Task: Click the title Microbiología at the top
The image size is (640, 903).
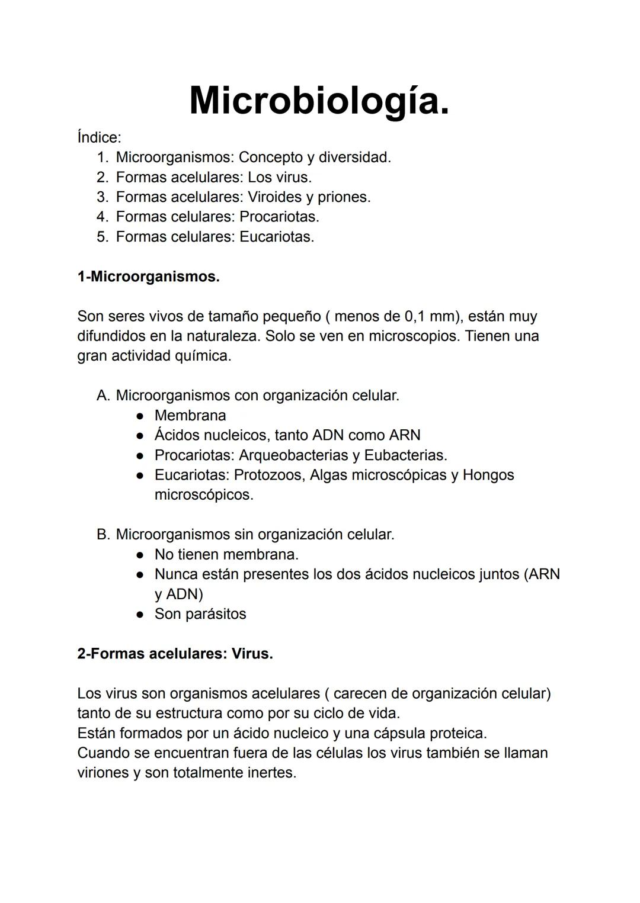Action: [319, 101]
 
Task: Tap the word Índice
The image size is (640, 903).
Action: [98, 137]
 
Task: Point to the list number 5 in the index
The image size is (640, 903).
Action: [103, 237]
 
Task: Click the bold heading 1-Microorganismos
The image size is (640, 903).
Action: [148, 277]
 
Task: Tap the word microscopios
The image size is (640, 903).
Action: [414, 336]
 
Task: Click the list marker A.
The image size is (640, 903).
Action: [103, 396]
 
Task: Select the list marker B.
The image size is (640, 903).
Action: [103, 535]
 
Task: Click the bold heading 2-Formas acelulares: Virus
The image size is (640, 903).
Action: [175, 654]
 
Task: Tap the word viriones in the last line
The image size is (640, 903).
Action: [102, 773]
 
